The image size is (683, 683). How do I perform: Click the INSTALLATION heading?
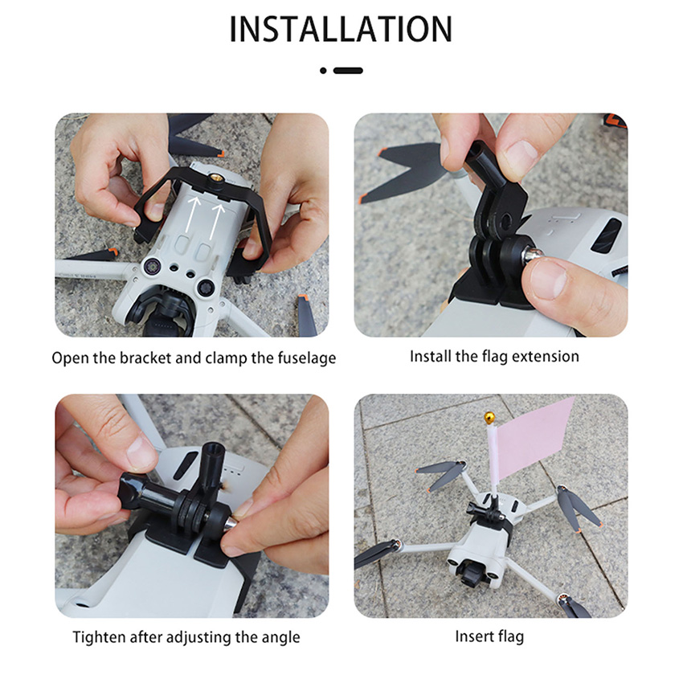pyautogui.click(x=341, y=29)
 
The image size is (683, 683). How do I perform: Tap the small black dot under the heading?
pyautogui.click(x=323, y=71)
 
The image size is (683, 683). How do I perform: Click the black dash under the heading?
pyautogui.click(x=348, y=71)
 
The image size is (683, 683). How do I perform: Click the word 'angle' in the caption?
pyautogui.click(x=280, y=638)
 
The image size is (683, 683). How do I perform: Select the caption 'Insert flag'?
pyautogui.click(x=489, y=636)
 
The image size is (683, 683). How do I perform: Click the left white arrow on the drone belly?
pyautogui.click(x=191, y=214)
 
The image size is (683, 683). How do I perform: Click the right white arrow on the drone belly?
pyautogui.click(x=216, y=221)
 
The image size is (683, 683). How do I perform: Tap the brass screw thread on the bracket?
pyautogui.click(x=215, y=178)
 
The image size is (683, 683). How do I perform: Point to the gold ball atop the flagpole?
pyautogui.click(x=489, y=419)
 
